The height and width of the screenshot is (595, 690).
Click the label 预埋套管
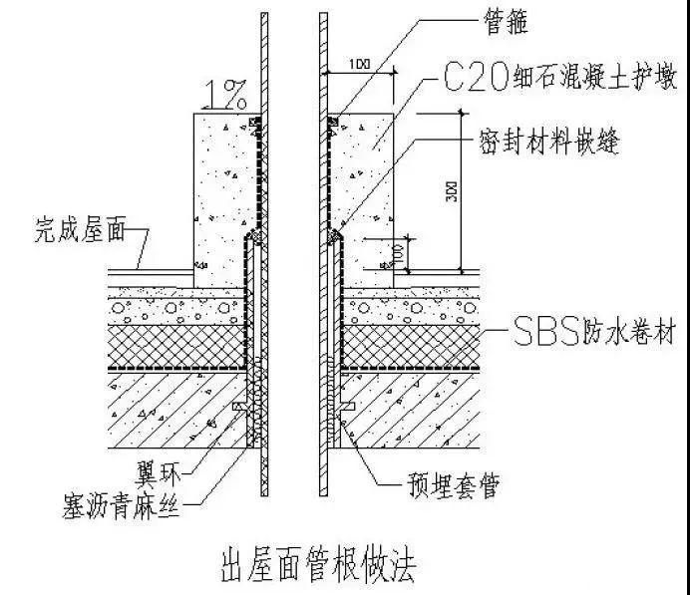point(444,485)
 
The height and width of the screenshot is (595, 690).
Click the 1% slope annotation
point(223,95)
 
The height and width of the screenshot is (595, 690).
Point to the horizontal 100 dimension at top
point(360,64)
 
